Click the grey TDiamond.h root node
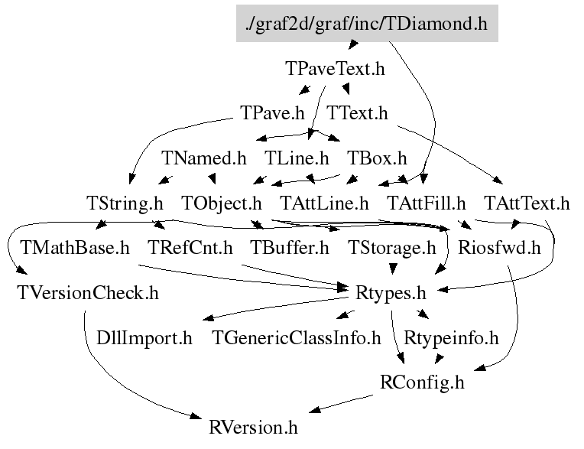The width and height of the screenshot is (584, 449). [367, 23]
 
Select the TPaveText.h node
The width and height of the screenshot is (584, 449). [335, 69]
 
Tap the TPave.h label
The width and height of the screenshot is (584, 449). [272, 113]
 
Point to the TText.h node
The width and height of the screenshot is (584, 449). [358, 113]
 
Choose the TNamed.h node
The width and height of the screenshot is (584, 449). [204, 158]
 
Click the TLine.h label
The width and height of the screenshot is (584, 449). [297, 158]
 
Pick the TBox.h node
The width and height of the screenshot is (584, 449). [377, 158]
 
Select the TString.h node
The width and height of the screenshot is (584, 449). [125, 203]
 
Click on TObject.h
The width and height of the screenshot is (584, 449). [222, 203]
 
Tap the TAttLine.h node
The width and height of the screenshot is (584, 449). [324, 203]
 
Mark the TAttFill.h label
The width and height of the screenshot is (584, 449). [427, 203]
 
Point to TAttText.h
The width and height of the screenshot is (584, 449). [527, 203]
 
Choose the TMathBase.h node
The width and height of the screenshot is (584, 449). [75, 248]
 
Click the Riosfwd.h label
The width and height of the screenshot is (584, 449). [499, 248]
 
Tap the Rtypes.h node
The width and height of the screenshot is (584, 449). [391, 292]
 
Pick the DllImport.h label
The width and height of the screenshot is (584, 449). [144, 337]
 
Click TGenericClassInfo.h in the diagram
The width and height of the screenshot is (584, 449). [296, 337]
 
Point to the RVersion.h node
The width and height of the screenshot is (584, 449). [253, 426]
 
